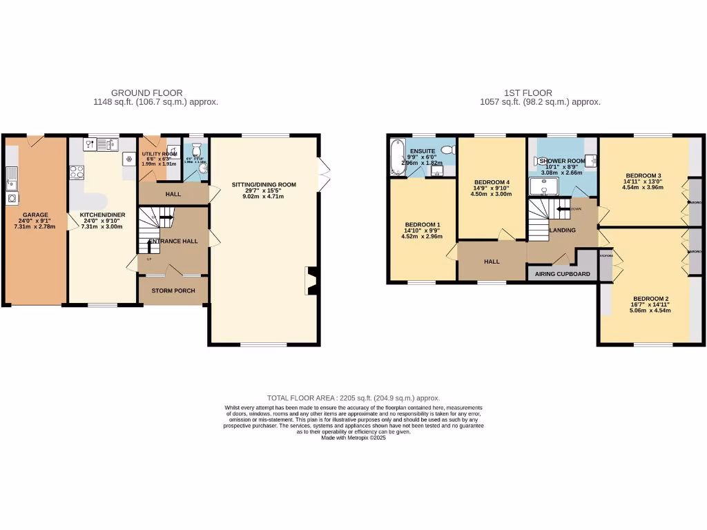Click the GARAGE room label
coord(35,215)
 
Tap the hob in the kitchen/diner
coord(76,172)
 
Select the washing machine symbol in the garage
coord(12,197)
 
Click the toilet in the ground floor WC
coord(197,150)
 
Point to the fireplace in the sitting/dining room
coord(311,281)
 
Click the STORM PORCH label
coord(173,291)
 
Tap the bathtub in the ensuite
coord(397,156)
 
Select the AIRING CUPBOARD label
coord(563,274)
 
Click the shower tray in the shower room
coord(544,186)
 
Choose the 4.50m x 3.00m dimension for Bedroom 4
coord(492,194)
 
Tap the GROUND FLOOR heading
coord(146,92)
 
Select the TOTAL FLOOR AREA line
coord(353,398)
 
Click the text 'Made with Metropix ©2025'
coord(353,438)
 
